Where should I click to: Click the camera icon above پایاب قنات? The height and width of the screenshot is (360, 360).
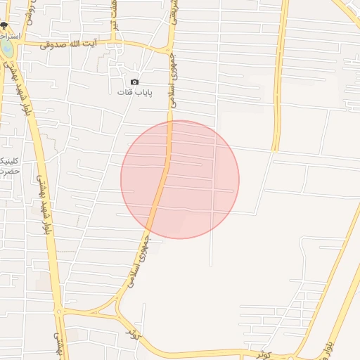tap(135, 82)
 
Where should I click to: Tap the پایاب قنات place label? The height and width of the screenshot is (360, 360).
tap(135, 92)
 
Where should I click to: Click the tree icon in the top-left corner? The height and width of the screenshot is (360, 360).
tap(4, 25)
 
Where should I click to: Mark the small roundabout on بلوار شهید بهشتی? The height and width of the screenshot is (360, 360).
tap(59, 310)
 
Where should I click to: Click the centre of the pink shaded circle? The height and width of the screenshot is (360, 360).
tap(180, 179)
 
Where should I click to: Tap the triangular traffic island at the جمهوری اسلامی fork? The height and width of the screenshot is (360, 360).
tap(109, 308)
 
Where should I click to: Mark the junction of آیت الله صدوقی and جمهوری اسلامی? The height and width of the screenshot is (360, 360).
tap(170, 51)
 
